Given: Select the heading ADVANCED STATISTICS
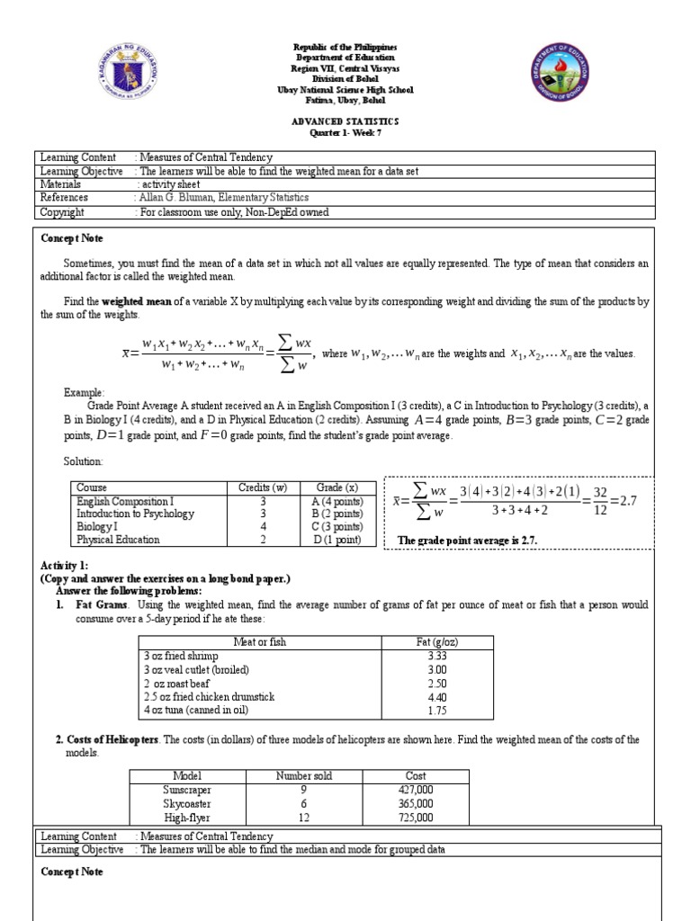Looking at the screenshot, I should (345, 121).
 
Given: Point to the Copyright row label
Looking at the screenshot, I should (63, 212).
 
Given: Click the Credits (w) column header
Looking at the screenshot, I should (262, 487).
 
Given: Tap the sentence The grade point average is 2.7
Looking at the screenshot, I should (466, 541).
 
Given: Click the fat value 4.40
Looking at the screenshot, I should (438, 696).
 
